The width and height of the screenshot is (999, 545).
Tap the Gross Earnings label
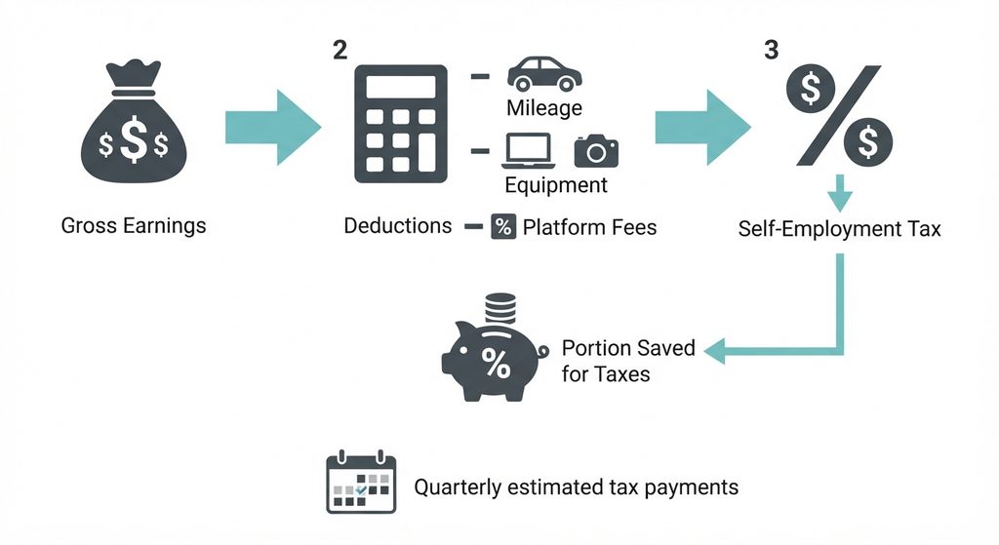134,225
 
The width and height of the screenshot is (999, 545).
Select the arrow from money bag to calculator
273,128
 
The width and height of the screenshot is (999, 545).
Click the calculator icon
401,124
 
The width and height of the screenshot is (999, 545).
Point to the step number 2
340,50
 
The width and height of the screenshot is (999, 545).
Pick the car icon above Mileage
544,74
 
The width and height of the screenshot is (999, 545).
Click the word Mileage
544,107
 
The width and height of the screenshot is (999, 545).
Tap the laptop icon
529,151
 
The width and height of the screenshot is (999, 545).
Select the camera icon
596,151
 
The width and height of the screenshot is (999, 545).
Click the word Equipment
555,185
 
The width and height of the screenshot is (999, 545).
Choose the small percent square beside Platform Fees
503,226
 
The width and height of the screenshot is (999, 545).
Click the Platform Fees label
589,226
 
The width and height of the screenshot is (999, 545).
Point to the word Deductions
398,225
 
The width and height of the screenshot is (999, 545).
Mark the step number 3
772,50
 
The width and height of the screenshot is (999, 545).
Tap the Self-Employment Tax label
839,228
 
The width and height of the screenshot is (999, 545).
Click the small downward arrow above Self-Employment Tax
840,192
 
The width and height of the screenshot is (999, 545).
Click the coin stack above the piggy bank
500,308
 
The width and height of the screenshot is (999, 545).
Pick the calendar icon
361,482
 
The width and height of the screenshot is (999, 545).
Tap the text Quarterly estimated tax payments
576,487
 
